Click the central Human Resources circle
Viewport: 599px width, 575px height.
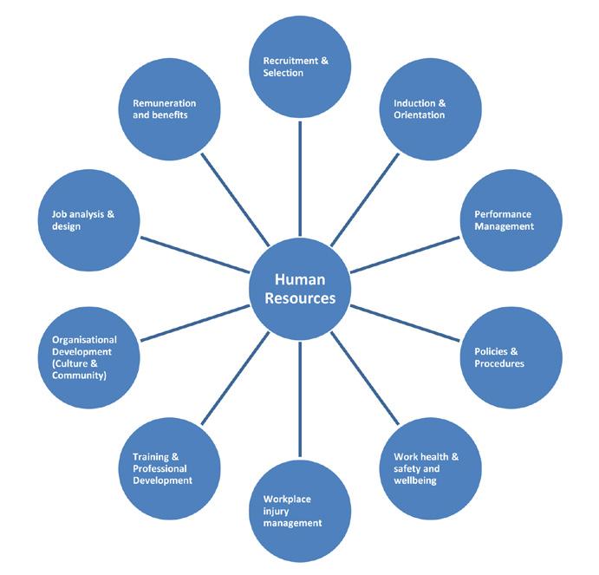click(299, 290)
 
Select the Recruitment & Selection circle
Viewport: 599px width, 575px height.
click(300, 67)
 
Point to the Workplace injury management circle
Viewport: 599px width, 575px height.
click(300, 511)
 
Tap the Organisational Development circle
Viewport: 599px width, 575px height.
click(91, 357)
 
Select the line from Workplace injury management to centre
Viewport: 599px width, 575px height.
click(300, 399)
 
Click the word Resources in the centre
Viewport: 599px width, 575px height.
click(299, 298)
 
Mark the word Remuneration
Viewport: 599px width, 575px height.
click(164, 104)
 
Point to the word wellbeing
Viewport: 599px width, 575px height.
click(416, 480)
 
